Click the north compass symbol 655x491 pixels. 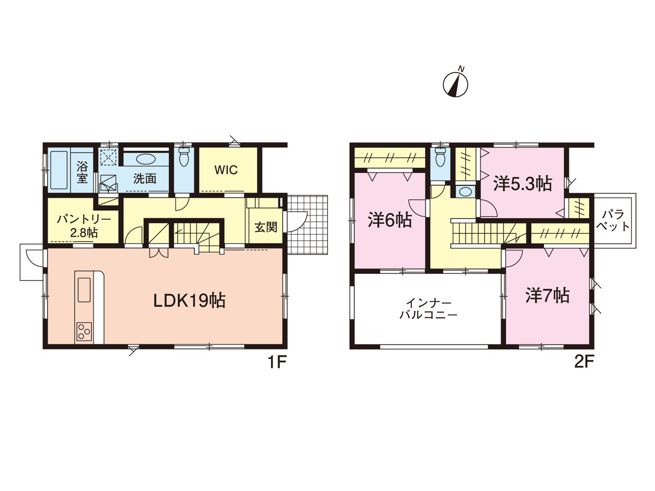[x=455, y=84]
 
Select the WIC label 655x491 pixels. [x=226, y=170]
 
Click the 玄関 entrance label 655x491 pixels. [x=266, y=227]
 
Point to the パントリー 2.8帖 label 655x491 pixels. [x=84, y=226]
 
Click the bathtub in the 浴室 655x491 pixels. [x=59, y=170]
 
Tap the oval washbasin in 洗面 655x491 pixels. [x=145, y=159]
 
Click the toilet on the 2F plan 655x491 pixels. [x=441, y=157]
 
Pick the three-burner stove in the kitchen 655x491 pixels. [x=84, y=331]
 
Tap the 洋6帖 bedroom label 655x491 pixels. [x=389, y=220]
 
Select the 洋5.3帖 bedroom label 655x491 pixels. [x=522, y=184]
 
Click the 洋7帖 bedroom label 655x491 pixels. [x=547, y=295]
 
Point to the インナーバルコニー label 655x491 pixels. [x=428, y=309]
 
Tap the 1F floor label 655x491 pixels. [x=277, y=362]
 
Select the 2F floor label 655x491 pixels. [x=584, y=362]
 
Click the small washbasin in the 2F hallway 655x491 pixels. [x=465, y=191]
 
